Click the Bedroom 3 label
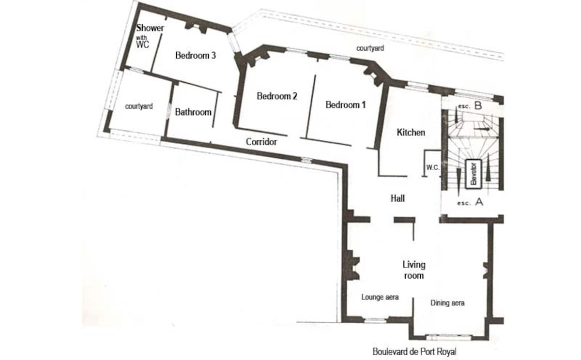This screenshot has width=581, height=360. pos(195,55)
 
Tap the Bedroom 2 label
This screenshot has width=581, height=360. pos(277,96)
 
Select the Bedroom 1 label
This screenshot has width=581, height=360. pos(346,105)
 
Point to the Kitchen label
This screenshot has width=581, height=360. pos(411,133)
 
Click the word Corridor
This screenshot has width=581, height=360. pos(261,142)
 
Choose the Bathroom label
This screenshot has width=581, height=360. pos(193,112)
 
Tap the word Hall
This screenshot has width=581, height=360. pos(398,198)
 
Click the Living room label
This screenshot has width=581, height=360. pos(413,270)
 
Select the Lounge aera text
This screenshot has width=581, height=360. pos(380,297)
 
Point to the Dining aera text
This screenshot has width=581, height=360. pos(447,303)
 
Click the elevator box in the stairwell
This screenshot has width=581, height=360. pos(474,174)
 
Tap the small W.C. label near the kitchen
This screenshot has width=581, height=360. pos(433,167)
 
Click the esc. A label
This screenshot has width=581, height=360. pos(470,202)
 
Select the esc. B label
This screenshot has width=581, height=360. pos(470,106)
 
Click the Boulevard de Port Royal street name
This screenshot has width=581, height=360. pos(414,352)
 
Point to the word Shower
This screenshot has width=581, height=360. pos(150,28)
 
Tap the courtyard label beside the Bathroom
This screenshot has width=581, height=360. pos(139,106)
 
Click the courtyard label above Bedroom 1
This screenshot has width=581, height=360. pos(370,48)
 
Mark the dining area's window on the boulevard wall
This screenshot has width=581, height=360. pos(449,337)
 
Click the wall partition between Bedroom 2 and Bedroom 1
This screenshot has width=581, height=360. pos(311,106)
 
